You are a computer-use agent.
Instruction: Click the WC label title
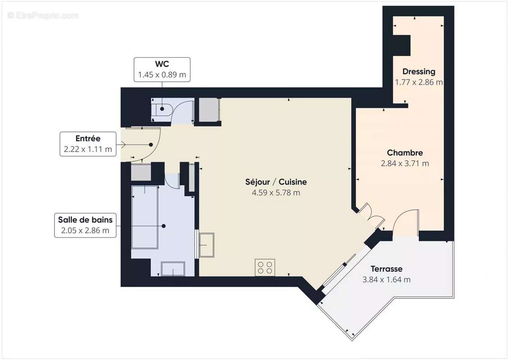pyautogui.click(x=162, y=64)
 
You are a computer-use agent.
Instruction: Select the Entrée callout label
pyautogui.click(x=88, y=144)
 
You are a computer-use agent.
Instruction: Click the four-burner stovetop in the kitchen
pyautogui.click(x=265, y=267)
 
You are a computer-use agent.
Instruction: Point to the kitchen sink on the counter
pyautogui.click(x=207, y=245)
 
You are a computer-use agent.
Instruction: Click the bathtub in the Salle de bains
pyautogui.click(x=144, y=217)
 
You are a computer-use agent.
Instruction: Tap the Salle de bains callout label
pyautogui.click(x=85, y=225)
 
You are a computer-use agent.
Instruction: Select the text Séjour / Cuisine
pyautogui.click(x=276, y=182)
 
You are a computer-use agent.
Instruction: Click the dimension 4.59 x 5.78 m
pyautogui.click(x=276, y=193)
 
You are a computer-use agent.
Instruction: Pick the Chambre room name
pyautogui.click(x=405, y=153)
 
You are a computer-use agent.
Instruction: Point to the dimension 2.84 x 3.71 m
pyautogui.click(x=405, y=163)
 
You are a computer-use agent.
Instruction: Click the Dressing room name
pyautogui.click(x=419, y=71)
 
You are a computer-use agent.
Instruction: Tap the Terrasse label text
pyautogui.click(x=386, y=269)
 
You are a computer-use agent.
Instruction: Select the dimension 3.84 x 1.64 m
pyautogui.click(x=386, y=279)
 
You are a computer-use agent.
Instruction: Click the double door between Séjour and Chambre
pyautogui.click(x=370, y=216)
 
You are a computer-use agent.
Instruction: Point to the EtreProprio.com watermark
pyautogui.click(x=43, y=15)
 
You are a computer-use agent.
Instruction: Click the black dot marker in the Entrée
pyautogui.click(x=151, y=144)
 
